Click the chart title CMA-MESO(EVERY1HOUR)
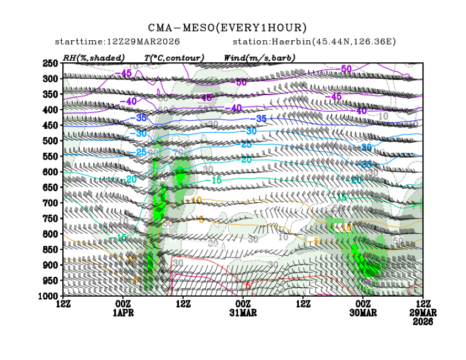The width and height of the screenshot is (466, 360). coord(227,28)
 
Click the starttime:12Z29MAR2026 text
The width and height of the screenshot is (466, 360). coord(117,42)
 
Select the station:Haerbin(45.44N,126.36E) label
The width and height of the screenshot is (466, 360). coord(314,42)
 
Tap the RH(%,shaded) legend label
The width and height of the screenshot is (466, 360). coord(94,57)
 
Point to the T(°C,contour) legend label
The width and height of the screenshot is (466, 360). coord(174,57)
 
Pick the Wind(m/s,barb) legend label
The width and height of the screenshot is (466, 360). coord(260,57)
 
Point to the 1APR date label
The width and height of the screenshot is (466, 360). coord(123,313)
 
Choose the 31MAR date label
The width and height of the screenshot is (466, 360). coord(243,313)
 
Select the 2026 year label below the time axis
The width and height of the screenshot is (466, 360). coord(423,321)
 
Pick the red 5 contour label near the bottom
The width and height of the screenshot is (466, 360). coord(248,286)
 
